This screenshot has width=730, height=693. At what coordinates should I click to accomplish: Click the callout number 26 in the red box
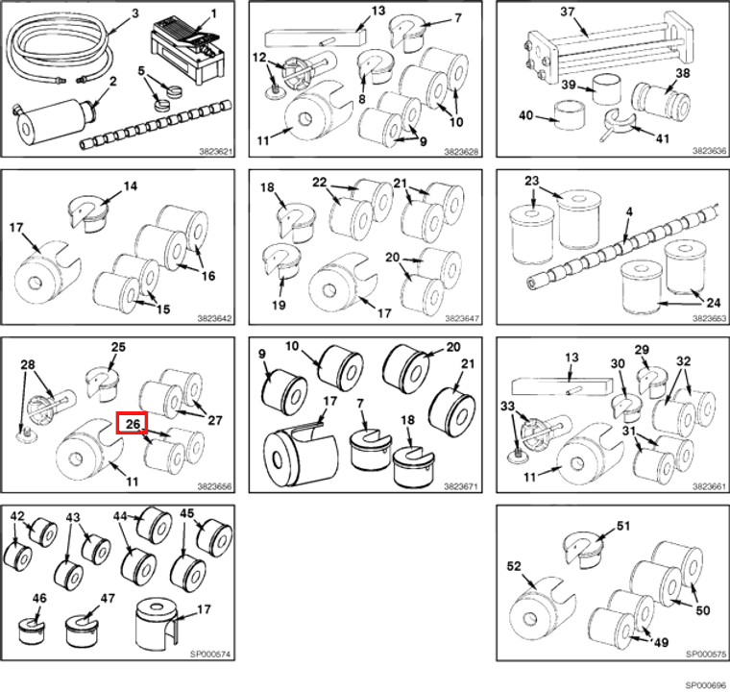coord(133,423)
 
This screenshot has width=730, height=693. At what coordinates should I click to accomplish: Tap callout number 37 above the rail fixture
coord(568,12)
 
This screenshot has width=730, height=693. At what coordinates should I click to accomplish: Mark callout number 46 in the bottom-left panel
coord(39,598)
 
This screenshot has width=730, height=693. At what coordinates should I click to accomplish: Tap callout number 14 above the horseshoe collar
coord(131,186)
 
